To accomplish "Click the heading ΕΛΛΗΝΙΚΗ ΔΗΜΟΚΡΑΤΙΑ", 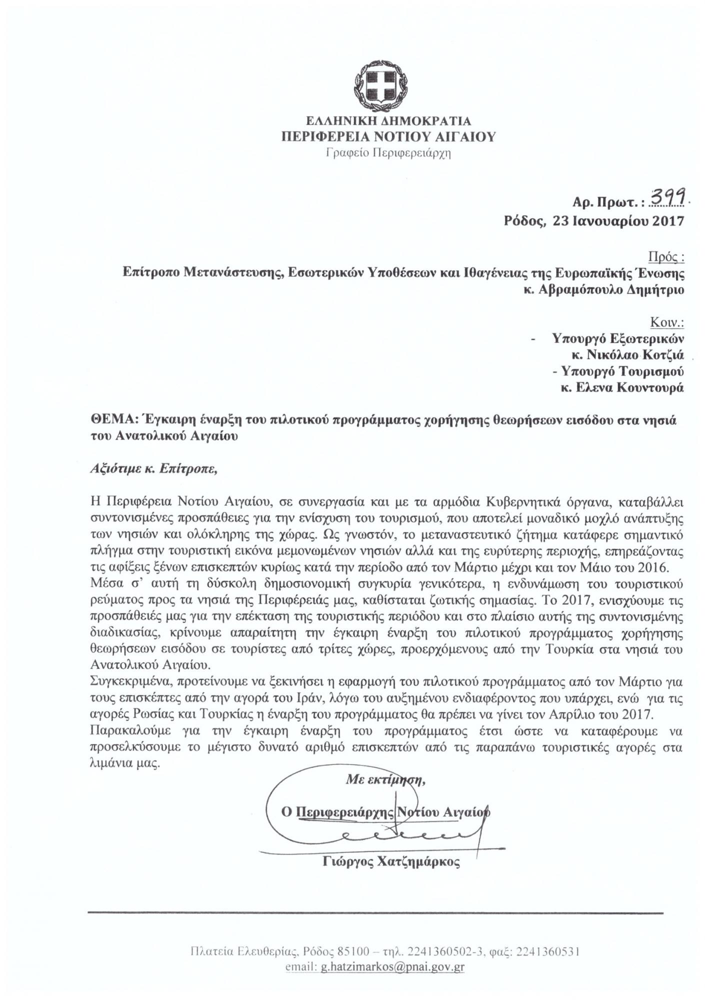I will pos(388,121).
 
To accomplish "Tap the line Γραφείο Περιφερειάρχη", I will pos(388,153).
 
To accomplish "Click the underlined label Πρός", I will pos(665,257).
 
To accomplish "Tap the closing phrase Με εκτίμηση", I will pos(385,779).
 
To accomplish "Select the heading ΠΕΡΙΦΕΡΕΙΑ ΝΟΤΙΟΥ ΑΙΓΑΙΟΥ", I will pos(388,136).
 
